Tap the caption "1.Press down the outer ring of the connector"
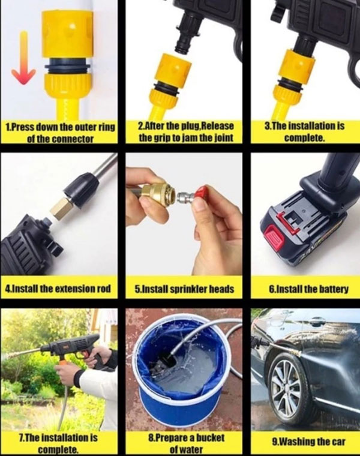[x=59, y=133]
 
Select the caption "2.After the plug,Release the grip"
[x=181, y=133]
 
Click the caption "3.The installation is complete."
[x=302, y=133]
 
